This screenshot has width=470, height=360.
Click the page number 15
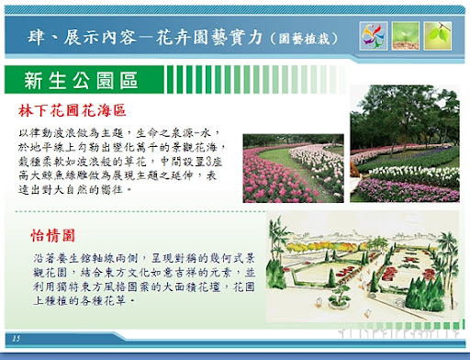tap(17, 339)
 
